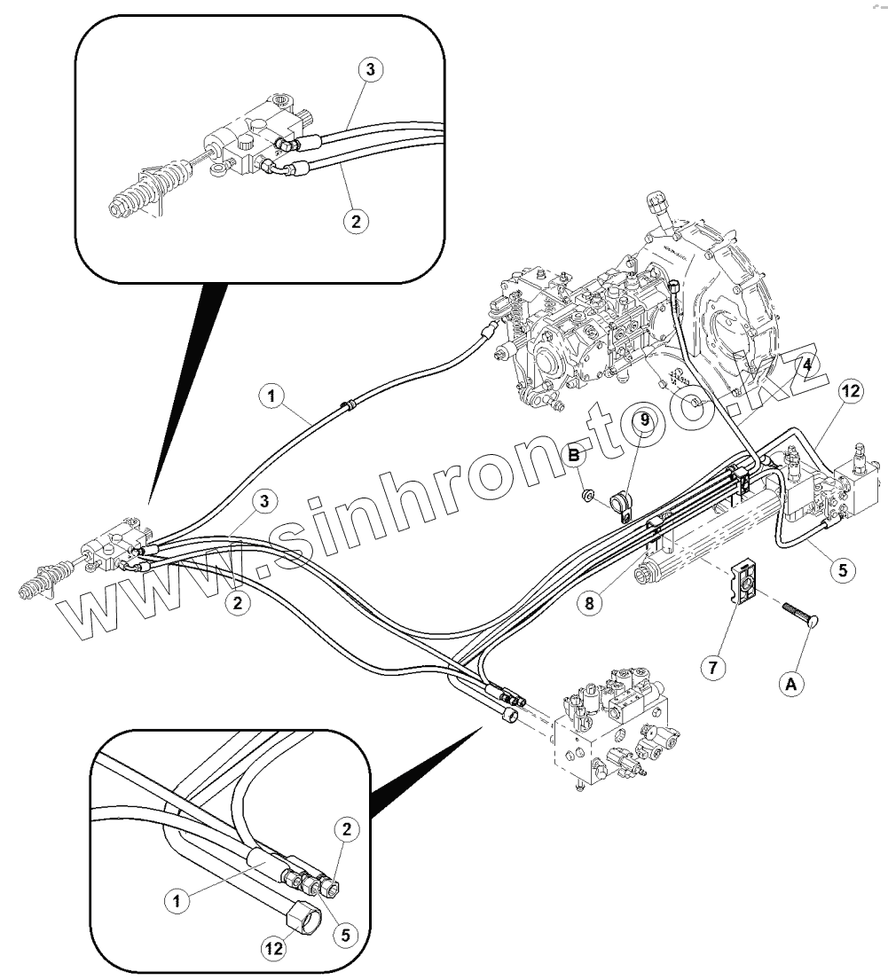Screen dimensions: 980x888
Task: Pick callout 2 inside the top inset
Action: (x=355, y=222)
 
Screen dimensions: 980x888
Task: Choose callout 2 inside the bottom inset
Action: (x=347, y=830)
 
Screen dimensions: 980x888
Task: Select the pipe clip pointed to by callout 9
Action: (x=625, y=504)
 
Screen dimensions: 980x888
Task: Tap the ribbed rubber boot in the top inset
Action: (x=144, y=194)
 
